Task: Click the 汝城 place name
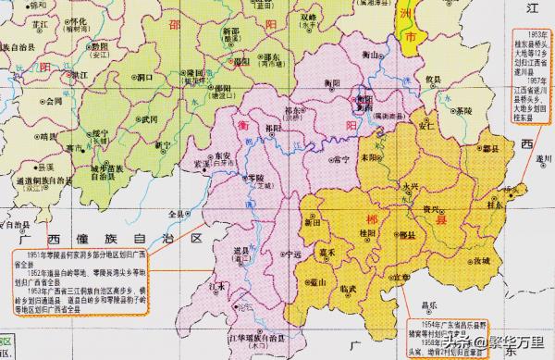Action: [484, 262]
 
